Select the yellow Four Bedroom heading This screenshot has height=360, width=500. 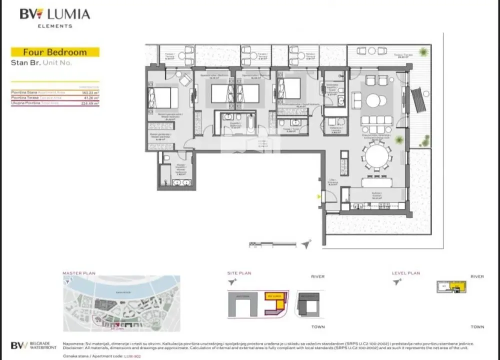coord(55,52)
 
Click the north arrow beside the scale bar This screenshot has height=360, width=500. coord(306,244)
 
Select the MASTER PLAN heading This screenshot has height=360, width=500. coord(78,273)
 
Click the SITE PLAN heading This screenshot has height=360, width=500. coord(239,273)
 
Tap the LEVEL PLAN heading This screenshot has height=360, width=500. coord(406,273)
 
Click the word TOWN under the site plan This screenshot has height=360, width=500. coord(317,327)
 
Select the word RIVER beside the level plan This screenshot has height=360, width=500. coord(477,276)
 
